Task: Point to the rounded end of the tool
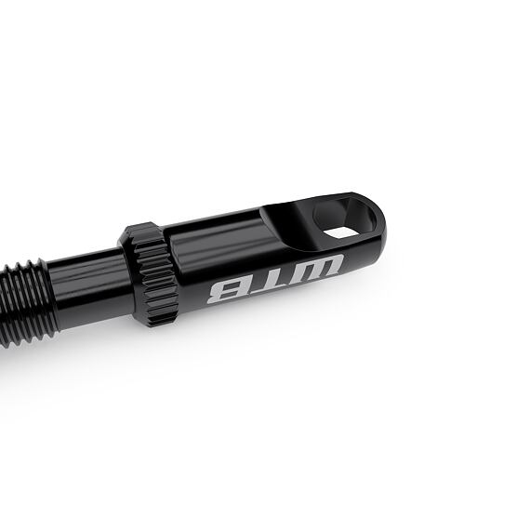(377, 228)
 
